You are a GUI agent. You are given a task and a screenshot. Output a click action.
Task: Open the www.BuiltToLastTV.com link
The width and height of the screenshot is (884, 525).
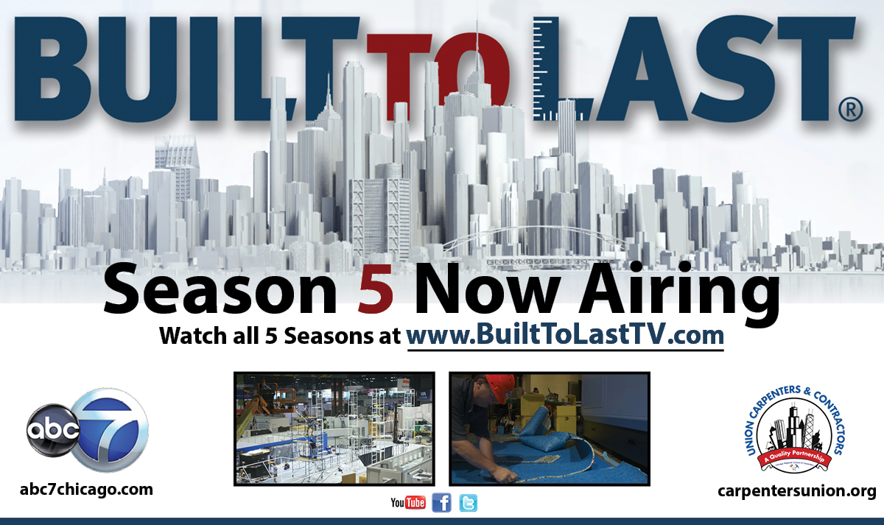[x=565, y=336]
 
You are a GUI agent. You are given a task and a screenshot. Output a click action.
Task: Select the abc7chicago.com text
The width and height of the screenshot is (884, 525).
[x=88, y=489]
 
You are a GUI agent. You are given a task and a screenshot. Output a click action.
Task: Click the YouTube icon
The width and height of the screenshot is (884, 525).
[x=408, y=503]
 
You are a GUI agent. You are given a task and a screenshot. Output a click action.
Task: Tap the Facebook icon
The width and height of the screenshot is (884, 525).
[x=441, y=503]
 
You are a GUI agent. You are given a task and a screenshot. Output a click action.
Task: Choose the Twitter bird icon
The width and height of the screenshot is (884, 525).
[x=468, y=503]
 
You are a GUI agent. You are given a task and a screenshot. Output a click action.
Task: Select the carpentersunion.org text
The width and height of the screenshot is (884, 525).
[x=796, y=490]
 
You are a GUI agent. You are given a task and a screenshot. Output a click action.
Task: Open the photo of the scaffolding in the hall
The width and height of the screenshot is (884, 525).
[x=334, y=429]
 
